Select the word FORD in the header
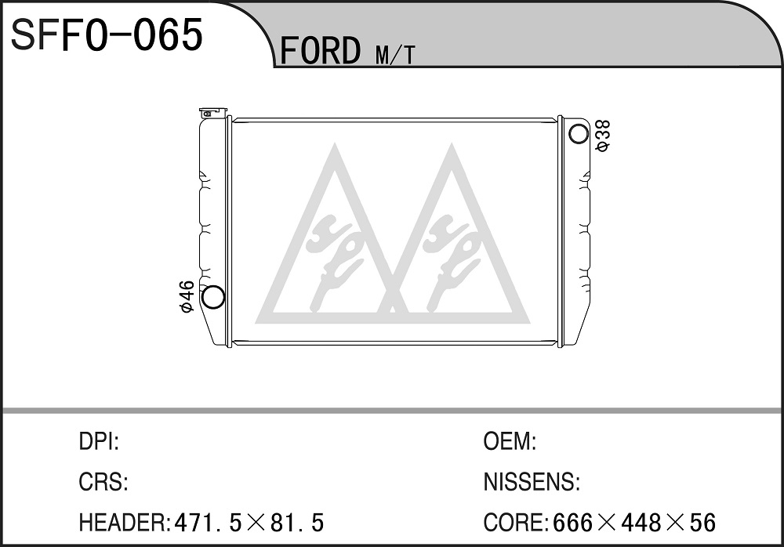point(320,50)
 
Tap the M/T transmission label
point(395,56)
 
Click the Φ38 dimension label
point(603,136)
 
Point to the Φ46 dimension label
point(187,297)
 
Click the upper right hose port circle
point(579,133)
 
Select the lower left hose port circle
point(213,296)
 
